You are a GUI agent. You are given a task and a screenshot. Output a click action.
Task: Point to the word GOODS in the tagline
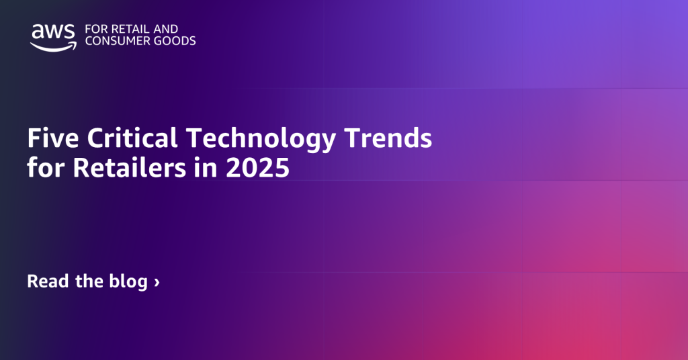click(176, 41)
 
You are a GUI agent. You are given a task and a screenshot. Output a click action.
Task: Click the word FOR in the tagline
click(95, 29)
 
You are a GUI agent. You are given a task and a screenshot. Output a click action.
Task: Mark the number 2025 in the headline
click(258, 168)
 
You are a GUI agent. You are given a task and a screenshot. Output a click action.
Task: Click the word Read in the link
click(46, 281)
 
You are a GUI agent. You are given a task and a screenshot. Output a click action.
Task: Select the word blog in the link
click(128, 282)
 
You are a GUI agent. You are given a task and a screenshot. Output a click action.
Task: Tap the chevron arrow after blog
click(157, 282)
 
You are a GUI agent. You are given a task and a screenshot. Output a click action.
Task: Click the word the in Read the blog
click(87, 281)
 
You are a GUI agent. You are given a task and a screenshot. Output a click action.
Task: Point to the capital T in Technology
click(193, 139)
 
